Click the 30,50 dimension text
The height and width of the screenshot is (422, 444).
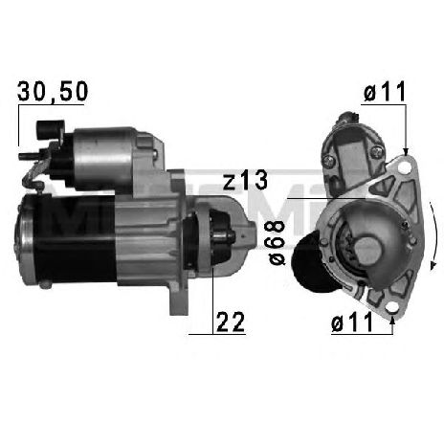click(54, 92)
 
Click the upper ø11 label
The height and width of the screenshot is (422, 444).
click(381, 93)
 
